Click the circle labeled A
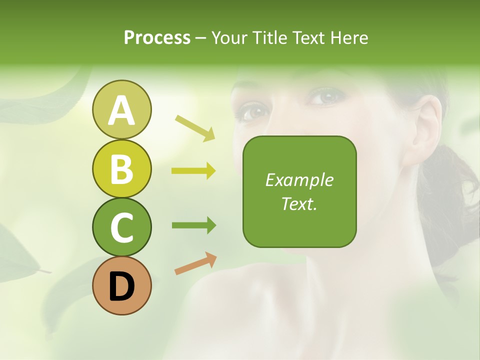[x=121, y=109]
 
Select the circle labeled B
[x=121, y=168]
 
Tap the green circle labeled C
[x=121, y=227]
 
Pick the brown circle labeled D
[x=121, y=285]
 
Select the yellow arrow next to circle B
[x=193, y=171]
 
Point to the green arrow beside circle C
[x=193, y=225]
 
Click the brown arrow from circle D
[x=195, y=263]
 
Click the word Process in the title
[x=157, y=37]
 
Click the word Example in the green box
[x=299, y=180]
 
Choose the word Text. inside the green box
[x=299, y=203]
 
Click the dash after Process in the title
[x=201, y=38]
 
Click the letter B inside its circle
[x=121, y=169]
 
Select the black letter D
[x=121, y=286]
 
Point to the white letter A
[x=121, y=110]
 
